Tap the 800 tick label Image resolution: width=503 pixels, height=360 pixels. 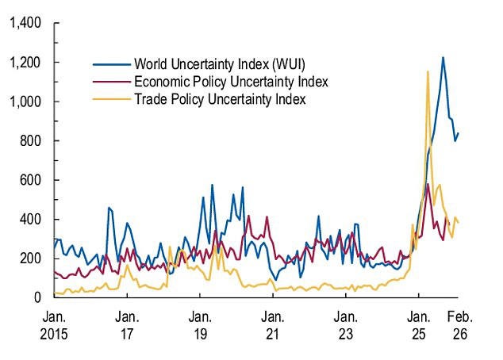point(30,141)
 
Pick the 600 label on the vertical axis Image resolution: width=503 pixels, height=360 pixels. point(30,180)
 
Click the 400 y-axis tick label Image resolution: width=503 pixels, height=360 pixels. point(30,219)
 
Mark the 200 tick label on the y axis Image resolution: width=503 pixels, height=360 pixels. point(30,259)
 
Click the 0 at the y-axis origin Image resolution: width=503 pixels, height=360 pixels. point(36,297)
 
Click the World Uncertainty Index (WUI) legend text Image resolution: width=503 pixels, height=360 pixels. point(219,63)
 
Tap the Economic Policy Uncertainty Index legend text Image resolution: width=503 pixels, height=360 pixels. point(231,82)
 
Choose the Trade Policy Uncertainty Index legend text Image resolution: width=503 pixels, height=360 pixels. point(220,100)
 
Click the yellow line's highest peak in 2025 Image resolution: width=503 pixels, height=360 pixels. point(428,71)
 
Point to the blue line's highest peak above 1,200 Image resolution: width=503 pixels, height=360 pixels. point(443,57)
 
